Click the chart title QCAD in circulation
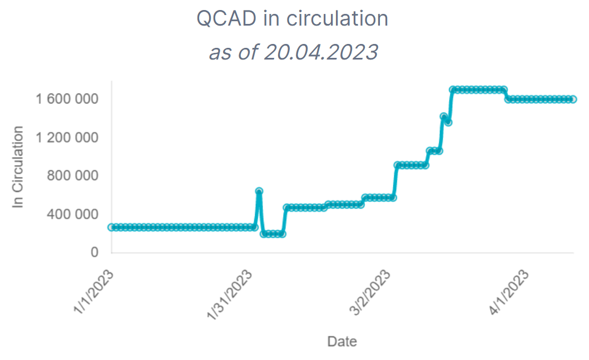click(293, 19)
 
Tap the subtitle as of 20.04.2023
click(293, 52)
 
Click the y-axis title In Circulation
click(19, 167)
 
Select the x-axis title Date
click(342, 341)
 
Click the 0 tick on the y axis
click(94, 253)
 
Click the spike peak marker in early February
click(259, 191)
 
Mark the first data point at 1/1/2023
click(111, 227)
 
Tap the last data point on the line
click(573, 99)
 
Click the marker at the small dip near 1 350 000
click(448, 122)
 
